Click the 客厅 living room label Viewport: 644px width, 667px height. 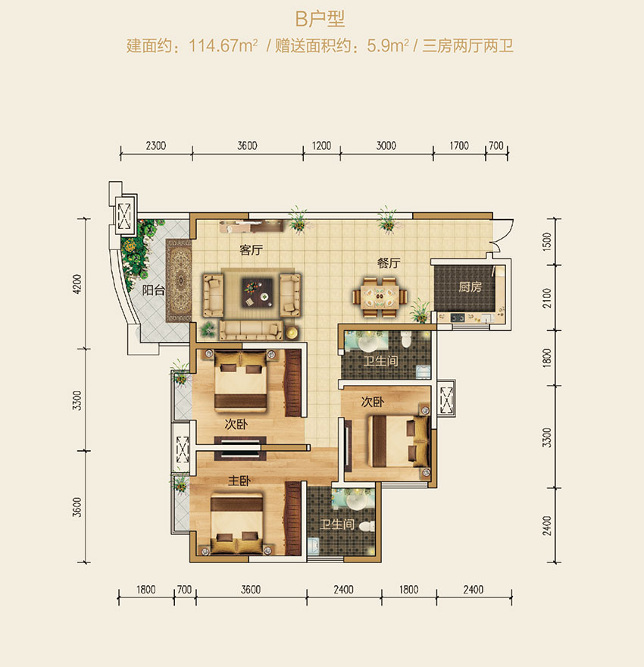tap(250, 250)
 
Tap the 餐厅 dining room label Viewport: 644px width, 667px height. tap(389, 264)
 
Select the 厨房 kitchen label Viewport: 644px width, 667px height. tap(469, 288)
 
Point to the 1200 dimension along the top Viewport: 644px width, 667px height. tap(322, 146)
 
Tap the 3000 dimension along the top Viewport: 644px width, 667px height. tap(386, 146)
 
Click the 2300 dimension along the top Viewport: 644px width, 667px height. tap(155, 146)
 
